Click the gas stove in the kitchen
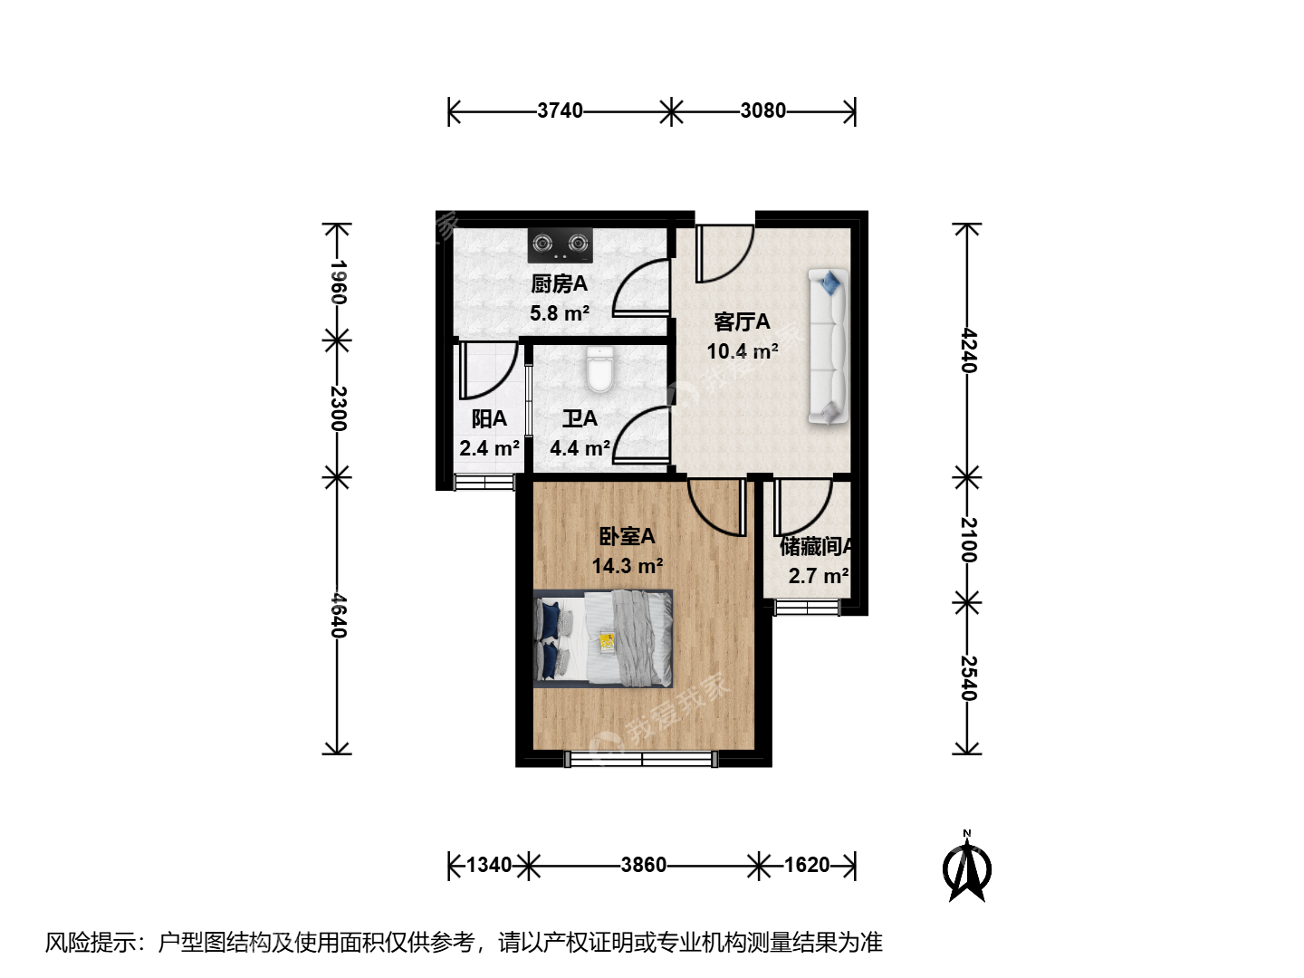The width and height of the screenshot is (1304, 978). click(561, 245)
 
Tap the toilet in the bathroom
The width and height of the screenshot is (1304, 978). click(600, 369)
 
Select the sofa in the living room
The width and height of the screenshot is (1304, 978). click(828, 347)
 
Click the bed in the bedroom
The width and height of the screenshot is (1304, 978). click(603, 638)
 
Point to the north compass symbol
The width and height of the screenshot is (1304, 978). click(966, 868)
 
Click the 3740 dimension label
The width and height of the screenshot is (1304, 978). click(560, 111)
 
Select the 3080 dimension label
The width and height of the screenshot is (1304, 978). click(762, 111)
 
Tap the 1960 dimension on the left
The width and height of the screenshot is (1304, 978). click(338, 282)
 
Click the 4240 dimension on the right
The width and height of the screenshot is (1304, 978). click(968, 350)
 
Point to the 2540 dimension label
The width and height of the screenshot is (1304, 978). click(968, 678)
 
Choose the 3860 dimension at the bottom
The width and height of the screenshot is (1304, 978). click(643, 865)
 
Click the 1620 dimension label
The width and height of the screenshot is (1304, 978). click(807, 865)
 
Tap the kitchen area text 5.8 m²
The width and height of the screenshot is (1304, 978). click(560, 313)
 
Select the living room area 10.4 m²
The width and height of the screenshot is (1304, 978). click(743, 351)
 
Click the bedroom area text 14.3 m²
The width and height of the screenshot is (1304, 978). click(628, 566)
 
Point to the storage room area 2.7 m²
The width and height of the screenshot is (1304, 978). click(819, 576)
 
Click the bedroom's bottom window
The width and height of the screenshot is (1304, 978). click(641, 759)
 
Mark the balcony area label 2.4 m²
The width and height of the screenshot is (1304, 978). click(490, 447)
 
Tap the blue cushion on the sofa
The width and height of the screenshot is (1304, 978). click(829, 282)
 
